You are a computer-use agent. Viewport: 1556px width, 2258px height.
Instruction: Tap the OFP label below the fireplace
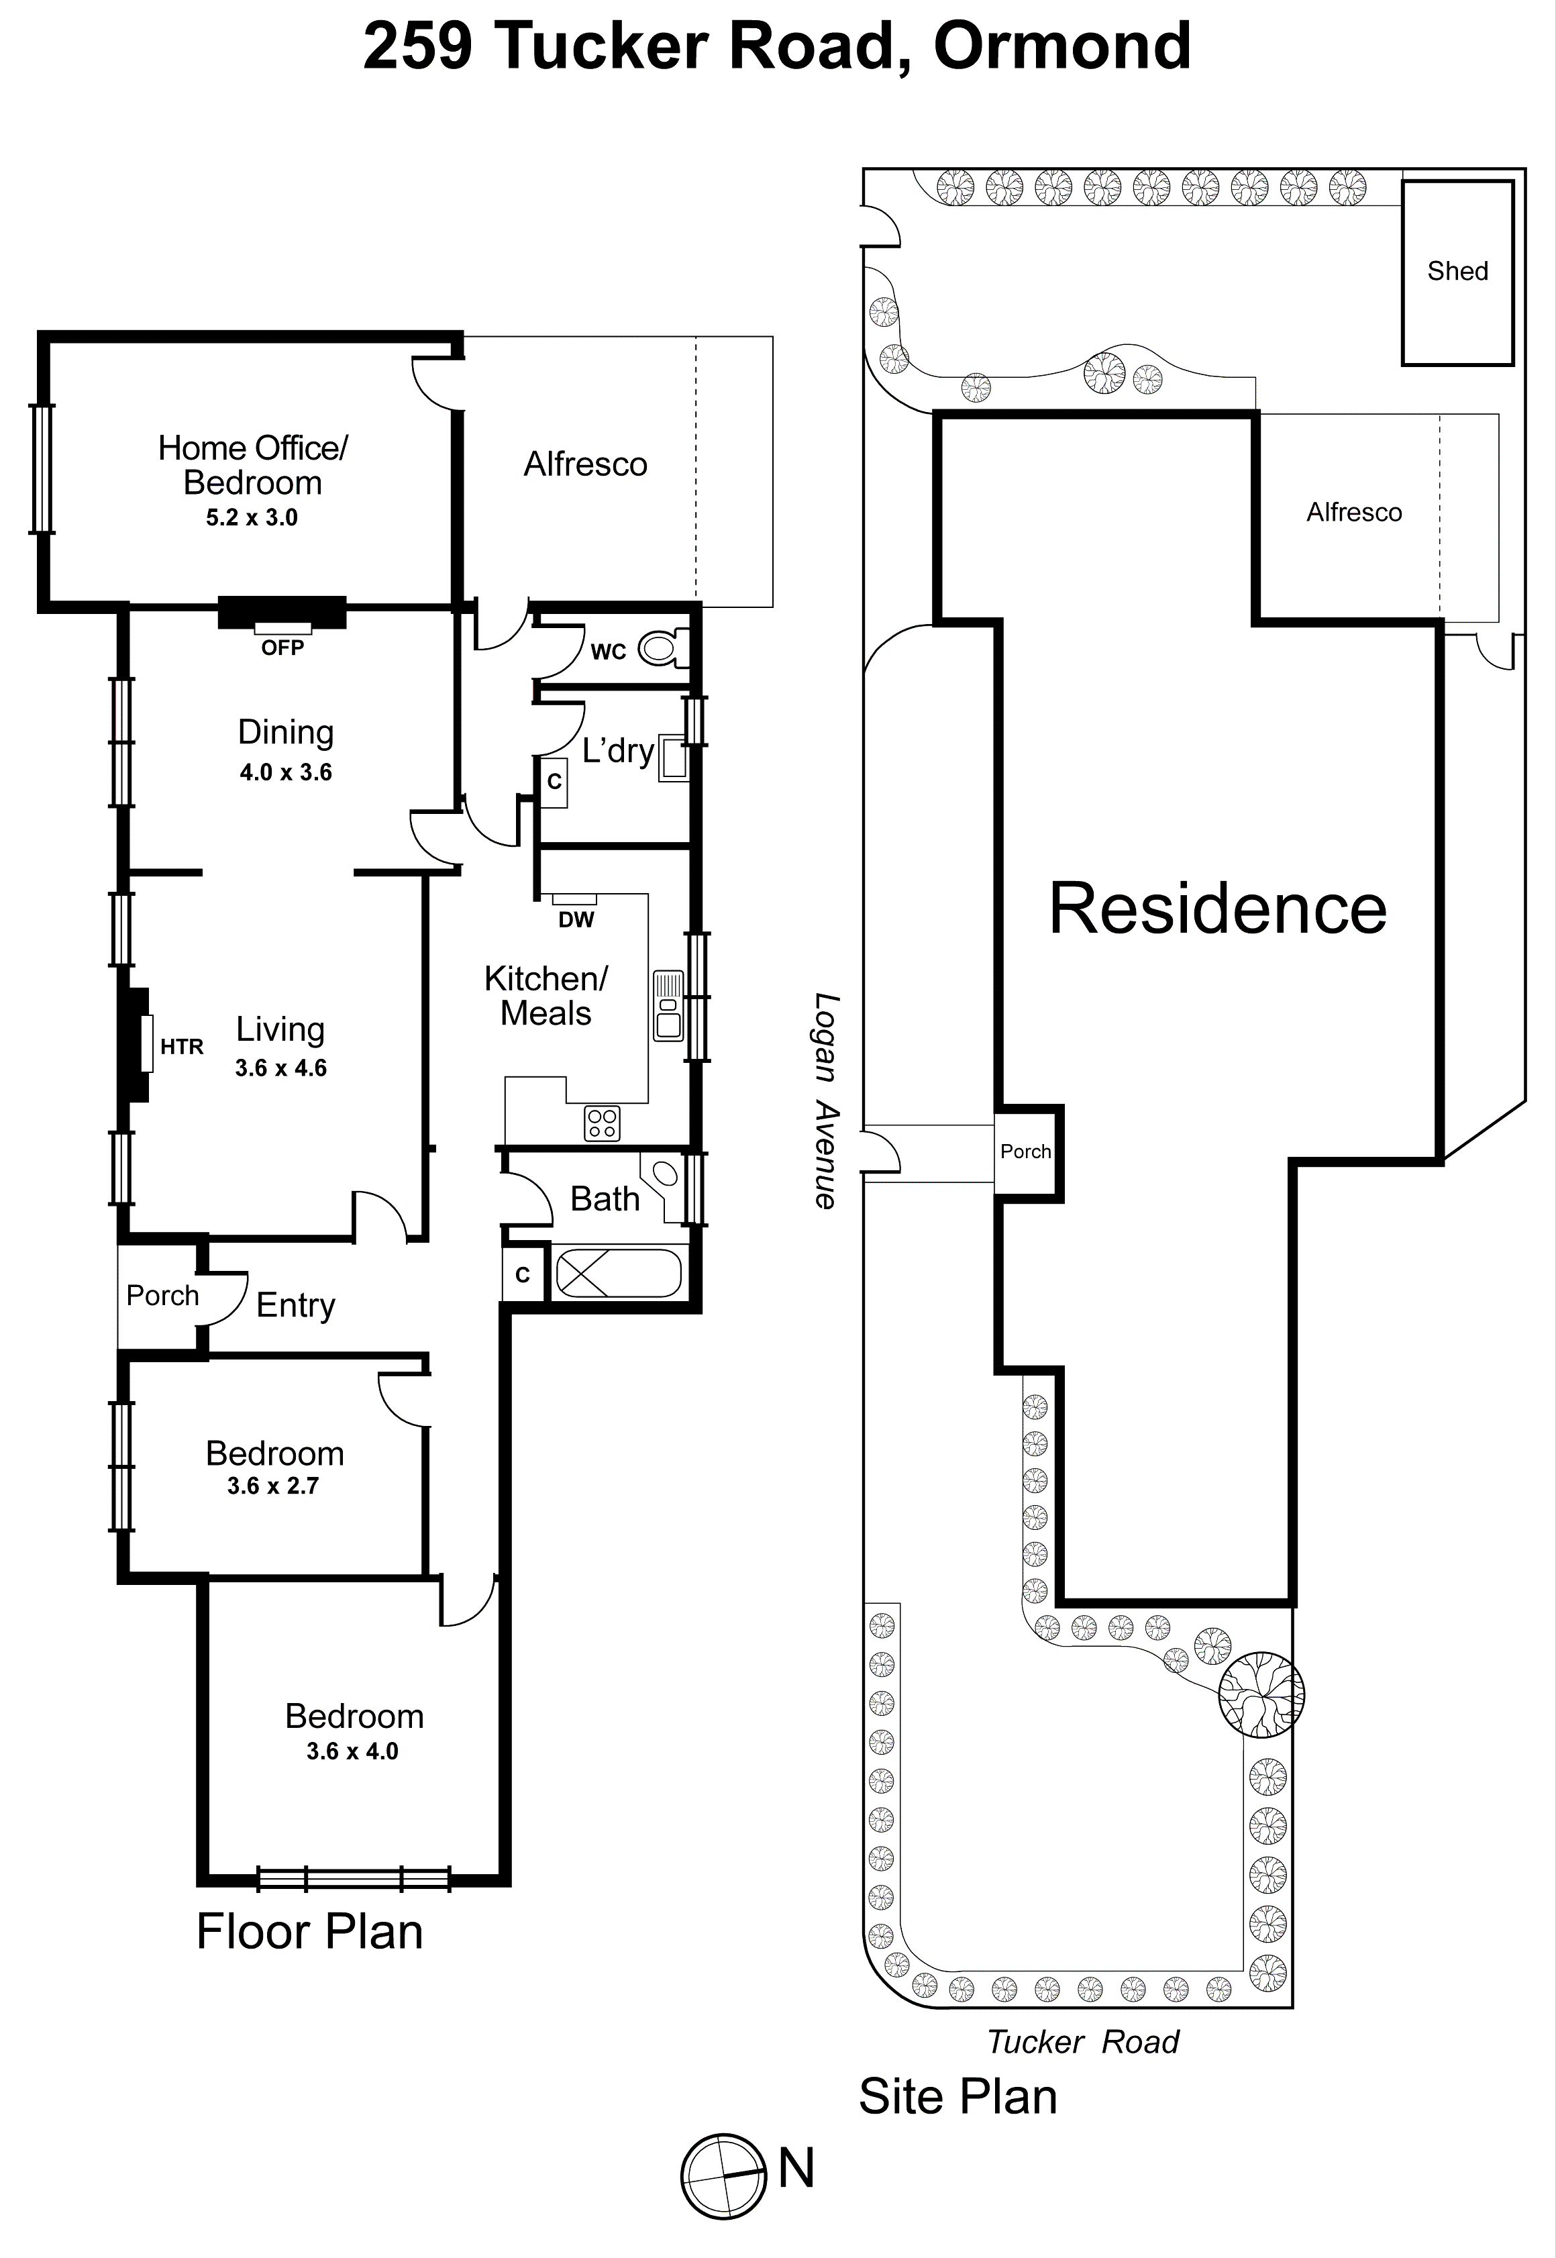pyautogui.click(x=282, y=648)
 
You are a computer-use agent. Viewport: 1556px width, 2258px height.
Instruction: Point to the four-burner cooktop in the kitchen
pyautogui.click(x=602, y=1123)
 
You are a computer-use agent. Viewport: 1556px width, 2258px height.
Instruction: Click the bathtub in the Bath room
pyautogui.click(x=617, y=1274)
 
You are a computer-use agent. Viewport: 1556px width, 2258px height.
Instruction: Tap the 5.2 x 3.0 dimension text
pyautogui.click(x=252, y=518)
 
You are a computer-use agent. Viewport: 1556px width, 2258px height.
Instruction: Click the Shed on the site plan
pyautogui.click(x=1457, y=271)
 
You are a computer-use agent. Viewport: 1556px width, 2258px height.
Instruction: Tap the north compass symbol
pyautogui.click(x=723, y=2175)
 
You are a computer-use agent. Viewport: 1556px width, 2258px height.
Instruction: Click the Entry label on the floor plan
pyautogui.click(x=295, y=1304)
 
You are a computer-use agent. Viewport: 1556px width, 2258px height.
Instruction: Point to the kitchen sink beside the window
pyautogui.click(x=668, y=1005)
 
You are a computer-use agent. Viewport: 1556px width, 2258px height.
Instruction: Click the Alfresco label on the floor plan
pyautogui.click(x=585, y=464)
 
